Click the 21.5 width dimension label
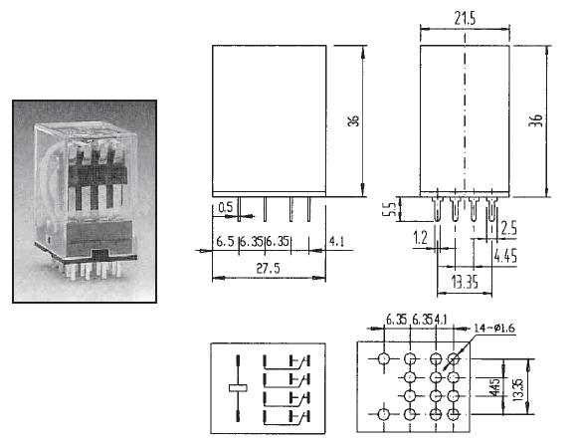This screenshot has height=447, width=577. pos(465,18)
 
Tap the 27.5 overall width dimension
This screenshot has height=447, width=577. pos(268,269)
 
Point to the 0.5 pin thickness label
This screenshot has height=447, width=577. pos(226,207)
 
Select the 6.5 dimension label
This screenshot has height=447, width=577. pos(225,242)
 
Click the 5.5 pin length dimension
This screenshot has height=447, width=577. pos(392,209)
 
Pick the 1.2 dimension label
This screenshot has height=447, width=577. pos(420,238)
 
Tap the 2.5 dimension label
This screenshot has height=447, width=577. pos(509,228)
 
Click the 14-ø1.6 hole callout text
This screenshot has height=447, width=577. pos(493,328)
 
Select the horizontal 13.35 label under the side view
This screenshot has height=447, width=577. pos(465,283)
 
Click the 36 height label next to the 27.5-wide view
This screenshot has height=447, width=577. pos(353,120)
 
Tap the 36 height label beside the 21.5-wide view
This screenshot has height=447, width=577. pos(536,120)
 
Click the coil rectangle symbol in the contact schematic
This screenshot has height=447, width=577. pos(238,387)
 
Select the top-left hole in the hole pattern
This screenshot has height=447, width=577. pos(383,357)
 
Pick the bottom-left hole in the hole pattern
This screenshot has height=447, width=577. pos(383,414)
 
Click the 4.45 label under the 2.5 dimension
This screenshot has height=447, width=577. pos(505,256)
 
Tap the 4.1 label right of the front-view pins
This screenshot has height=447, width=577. pos(336,242)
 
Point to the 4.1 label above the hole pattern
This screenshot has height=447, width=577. pos(441,319)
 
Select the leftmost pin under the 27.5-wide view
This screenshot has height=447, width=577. pos(239,209)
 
